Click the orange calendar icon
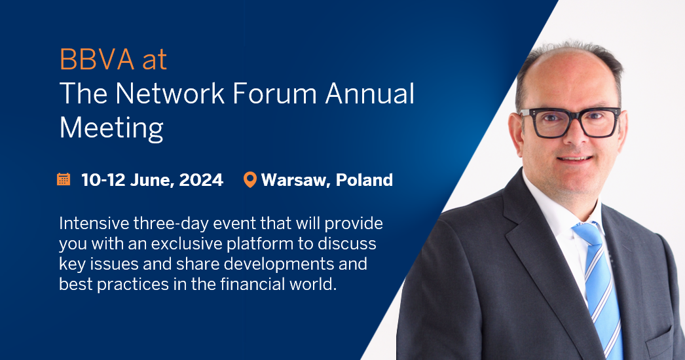pyautogui.click(x=64, y=179)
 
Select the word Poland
pyautogui.click(x=365, y=180)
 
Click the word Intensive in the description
pyautogui.click(x=91, y=223)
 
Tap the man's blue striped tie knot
pyautogui.click(x=585, y=231)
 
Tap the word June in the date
pyautogui.click(x=150, y=180)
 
